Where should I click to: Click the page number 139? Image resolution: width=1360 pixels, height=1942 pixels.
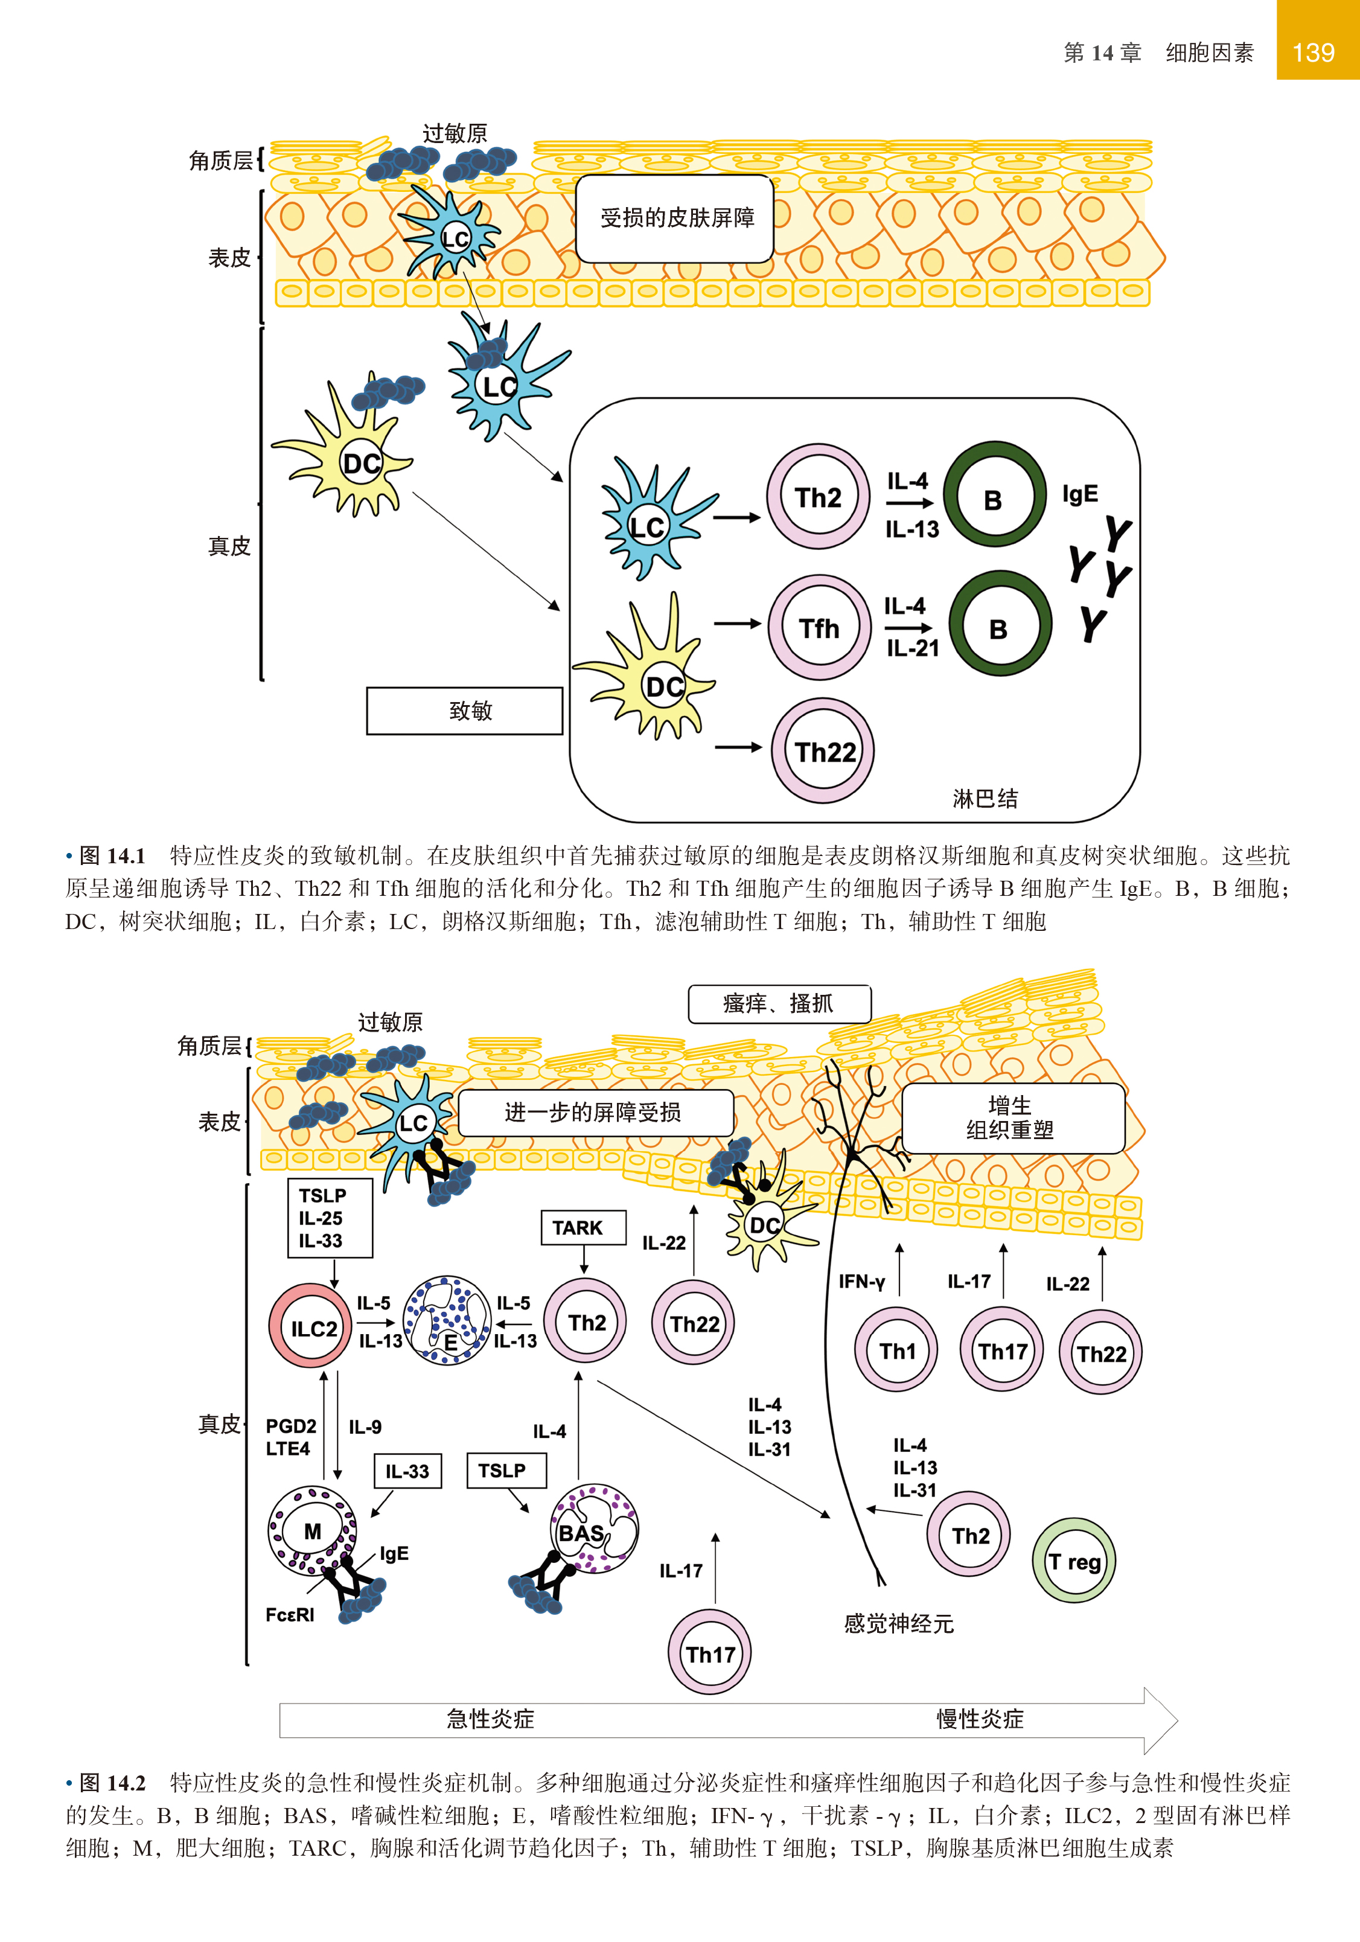click(1313, 53)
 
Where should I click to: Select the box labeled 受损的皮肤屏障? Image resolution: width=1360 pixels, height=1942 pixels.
click(675, 218)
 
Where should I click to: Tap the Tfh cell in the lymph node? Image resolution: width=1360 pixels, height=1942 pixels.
click(819, 628)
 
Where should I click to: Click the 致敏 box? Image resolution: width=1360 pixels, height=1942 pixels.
click(464, 711)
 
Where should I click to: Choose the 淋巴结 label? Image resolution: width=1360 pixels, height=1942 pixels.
click(985, 799)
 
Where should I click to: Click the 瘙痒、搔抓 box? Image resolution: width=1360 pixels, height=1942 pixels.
click(778, 1004)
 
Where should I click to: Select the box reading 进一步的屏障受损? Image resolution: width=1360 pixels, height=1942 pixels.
click(594, 1112)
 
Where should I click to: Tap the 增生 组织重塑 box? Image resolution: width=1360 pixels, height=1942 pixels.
click(1012, 1117)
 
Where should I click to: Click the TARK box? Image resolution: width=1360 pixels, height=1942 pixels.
click(583, 1227)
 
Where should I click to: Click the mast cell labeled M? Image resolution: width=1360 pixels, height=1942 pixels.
click(312, 1530)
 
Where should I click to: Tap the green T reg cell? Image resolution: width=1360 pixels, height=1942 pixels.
click(1073, 1561)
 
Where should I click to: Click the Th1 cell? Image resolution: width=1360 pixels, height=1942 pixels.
click(896, 1351)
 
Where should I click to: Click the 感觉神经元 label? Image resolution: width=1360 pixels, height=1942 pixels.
click(898, 1623)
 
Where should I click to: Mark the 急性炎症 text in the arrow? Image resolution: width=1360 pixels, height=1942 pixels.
click(491, 1719)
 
